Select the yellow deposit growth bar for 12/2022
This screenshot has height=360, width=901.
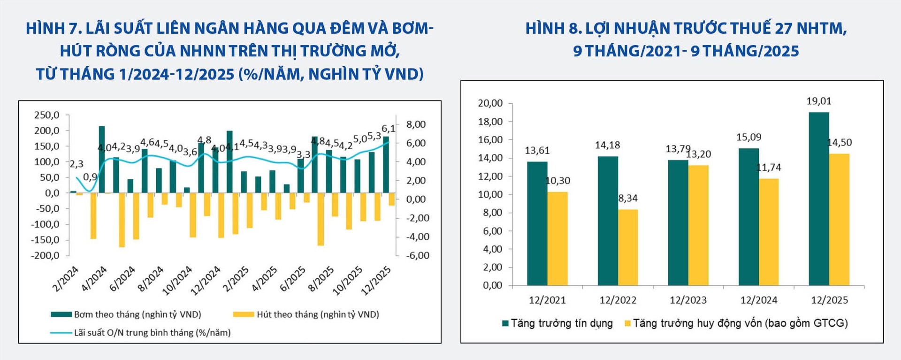627,247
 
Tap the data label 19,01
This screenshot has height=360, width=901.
819,101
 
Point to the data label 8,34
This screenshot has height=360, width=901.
628,199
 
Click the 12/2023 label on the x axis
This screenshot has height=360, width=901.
688,300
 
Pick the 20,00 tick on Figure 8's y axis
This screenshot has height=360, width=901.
490,103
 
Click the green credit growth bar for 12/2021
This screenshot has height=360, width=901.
537,223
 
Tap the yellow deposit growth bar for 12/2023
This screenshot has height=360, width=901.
698,225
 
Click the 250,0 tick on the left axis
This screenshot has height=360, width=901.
46,115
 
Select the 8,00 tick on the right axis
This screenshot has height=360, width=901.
416,125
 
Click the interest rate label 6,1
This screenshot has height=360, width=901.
388,129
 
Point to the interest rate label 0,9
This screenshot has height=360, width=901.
90,177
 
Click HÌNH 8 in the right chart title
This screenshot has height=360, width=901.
553,29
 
